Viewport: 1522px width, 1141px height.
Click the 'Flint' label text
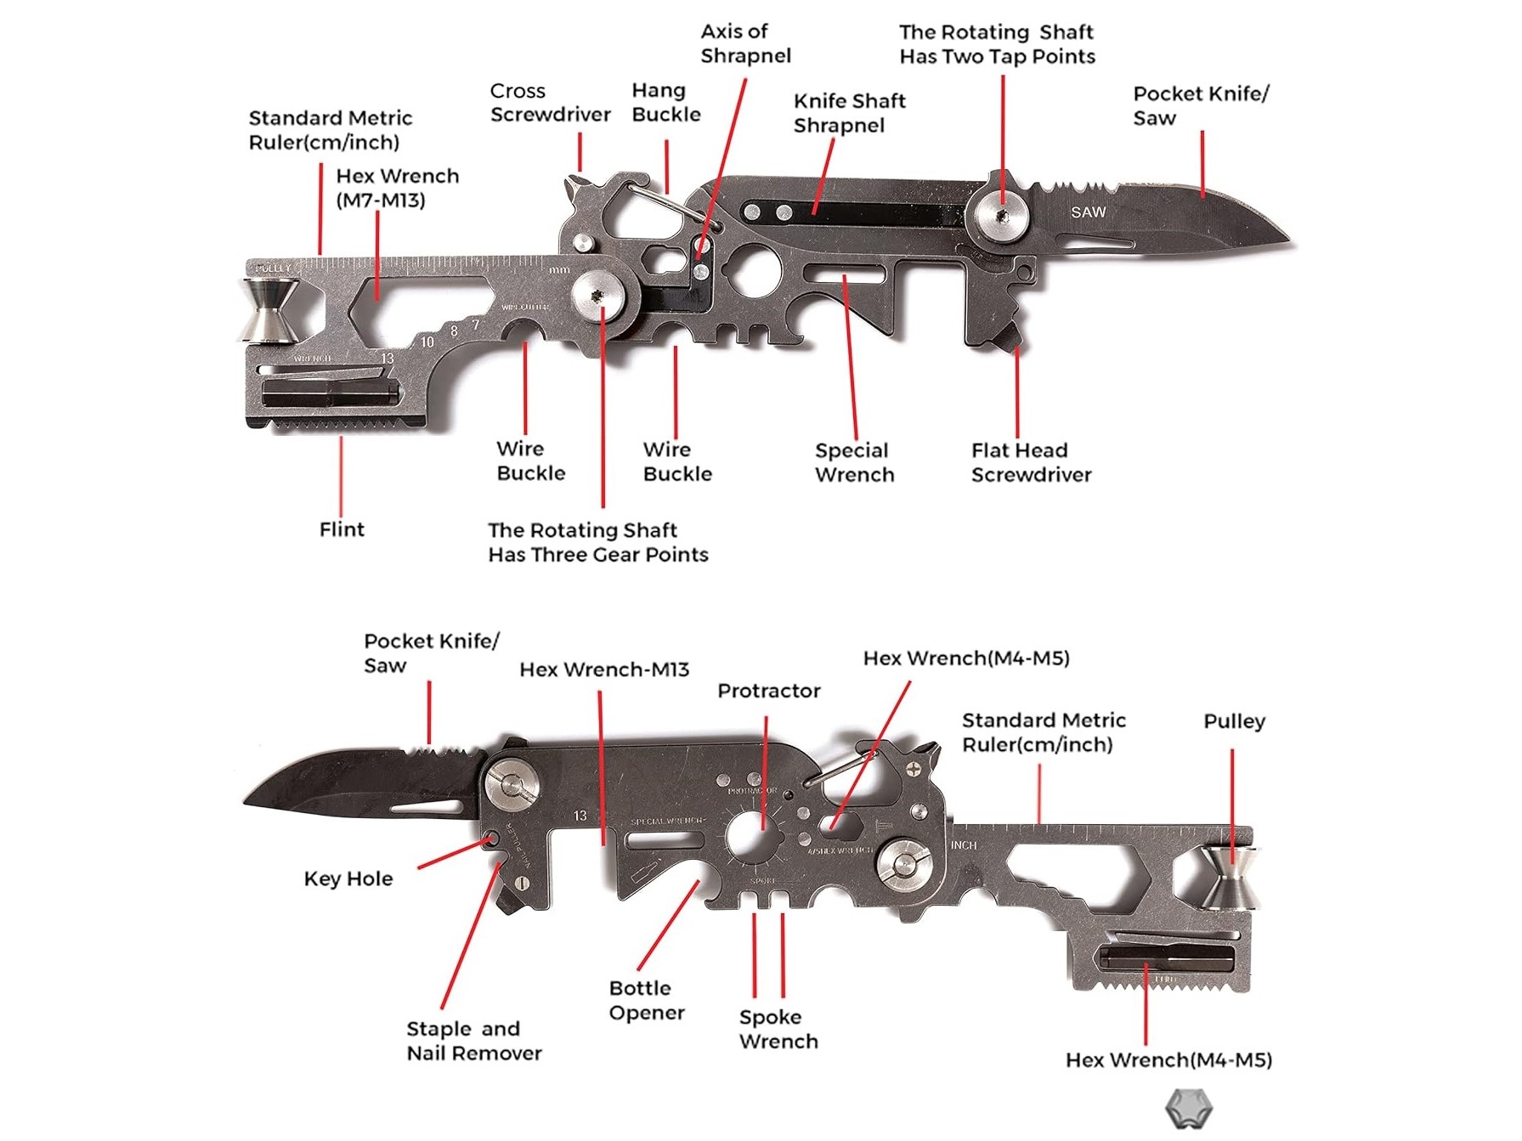tap(342, 529)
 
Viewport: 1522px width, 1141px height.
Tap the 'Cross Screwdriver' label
tap(550, 103)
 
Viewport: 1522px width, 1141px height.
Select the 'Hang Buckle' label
tap(666, 103)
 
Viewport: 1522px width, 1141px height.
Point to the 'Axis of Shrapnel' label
tap(745, 43)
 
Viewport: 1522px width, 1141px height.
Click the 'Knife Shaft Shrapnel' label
tap(849, 113)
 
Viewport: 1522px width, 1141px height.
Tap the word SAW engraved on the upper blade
tap(1088, 212)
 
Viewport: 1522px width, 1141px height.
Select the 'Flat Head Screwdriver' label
tap(1031, 462)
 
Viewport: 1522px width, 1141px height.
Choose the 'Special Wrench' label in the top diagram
tap(854, 462)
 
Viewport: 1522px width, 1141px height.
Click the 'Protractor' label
tap(769, 691)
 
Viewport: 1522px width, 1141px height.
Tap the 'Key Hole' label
tap(348, 878)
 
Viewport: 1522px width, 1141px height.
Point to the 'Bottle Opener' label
tap(646, 1000)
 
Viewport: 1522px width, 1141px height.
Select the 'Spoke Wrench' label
tap(778, 1029)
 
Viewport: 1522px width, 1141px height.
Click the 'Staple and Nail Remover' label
tap(473, 1041)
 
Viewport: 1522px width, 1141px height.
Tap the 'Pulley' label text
tap(1234, 721)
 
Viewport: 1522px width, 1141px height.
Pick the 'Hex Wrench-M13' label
tap(604, 669)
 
